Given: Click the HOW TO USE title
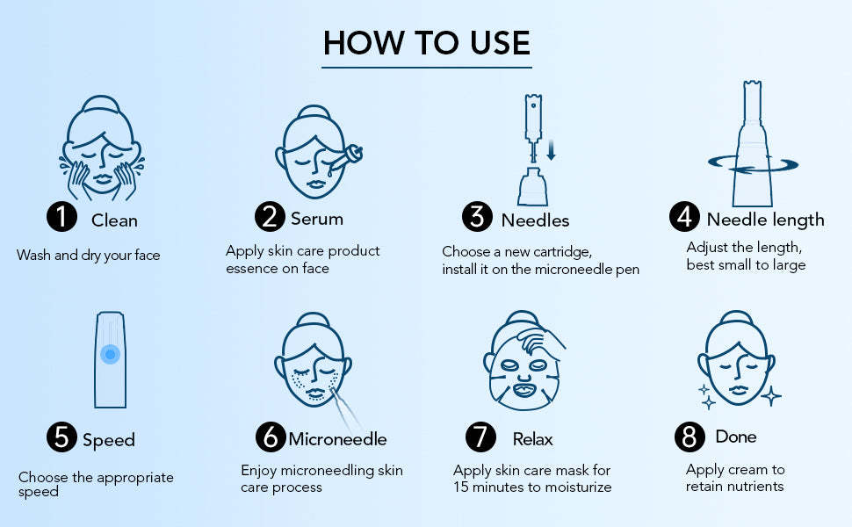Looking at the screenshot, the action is [x=427, y=43].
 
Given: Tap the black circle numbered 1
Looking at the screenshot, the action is [x=62, y=217].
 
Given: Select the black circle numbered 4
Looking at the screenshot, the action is [x=684, y=217].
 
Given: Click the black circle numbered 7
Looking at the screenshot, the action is [x=480, y=437].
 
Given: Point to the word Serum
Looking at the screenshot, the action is [x=317, y=219].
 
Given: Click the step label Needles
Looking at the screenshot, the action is [x=535, y=220].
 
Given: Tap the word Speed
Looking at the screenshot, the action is [x=109, y=441].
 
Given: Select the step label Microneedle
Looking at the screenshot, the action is [x=337, y=439].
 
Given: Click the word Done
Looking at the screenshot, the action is [x=736, y=437].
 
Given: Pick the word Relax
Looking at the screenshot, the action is [x=532, y=439].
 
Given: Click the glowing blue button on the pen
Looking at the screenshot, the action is [x=111, y=354].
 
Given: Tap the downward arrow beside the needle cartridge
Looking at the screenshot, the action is [x=551, y=150].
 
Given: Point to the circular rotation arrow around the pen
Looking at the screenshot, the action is [x=753, y=164].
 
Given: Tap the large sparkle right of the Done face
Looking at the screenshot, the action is [x=771, y=396].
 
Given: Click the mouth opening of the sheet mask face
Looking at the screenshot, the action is [x=524, y=390].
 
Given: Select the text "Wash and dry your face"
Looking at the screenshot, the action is [x=89, y=256].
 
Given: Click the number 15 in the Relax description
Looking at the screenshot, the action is [x=461, y=487].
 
